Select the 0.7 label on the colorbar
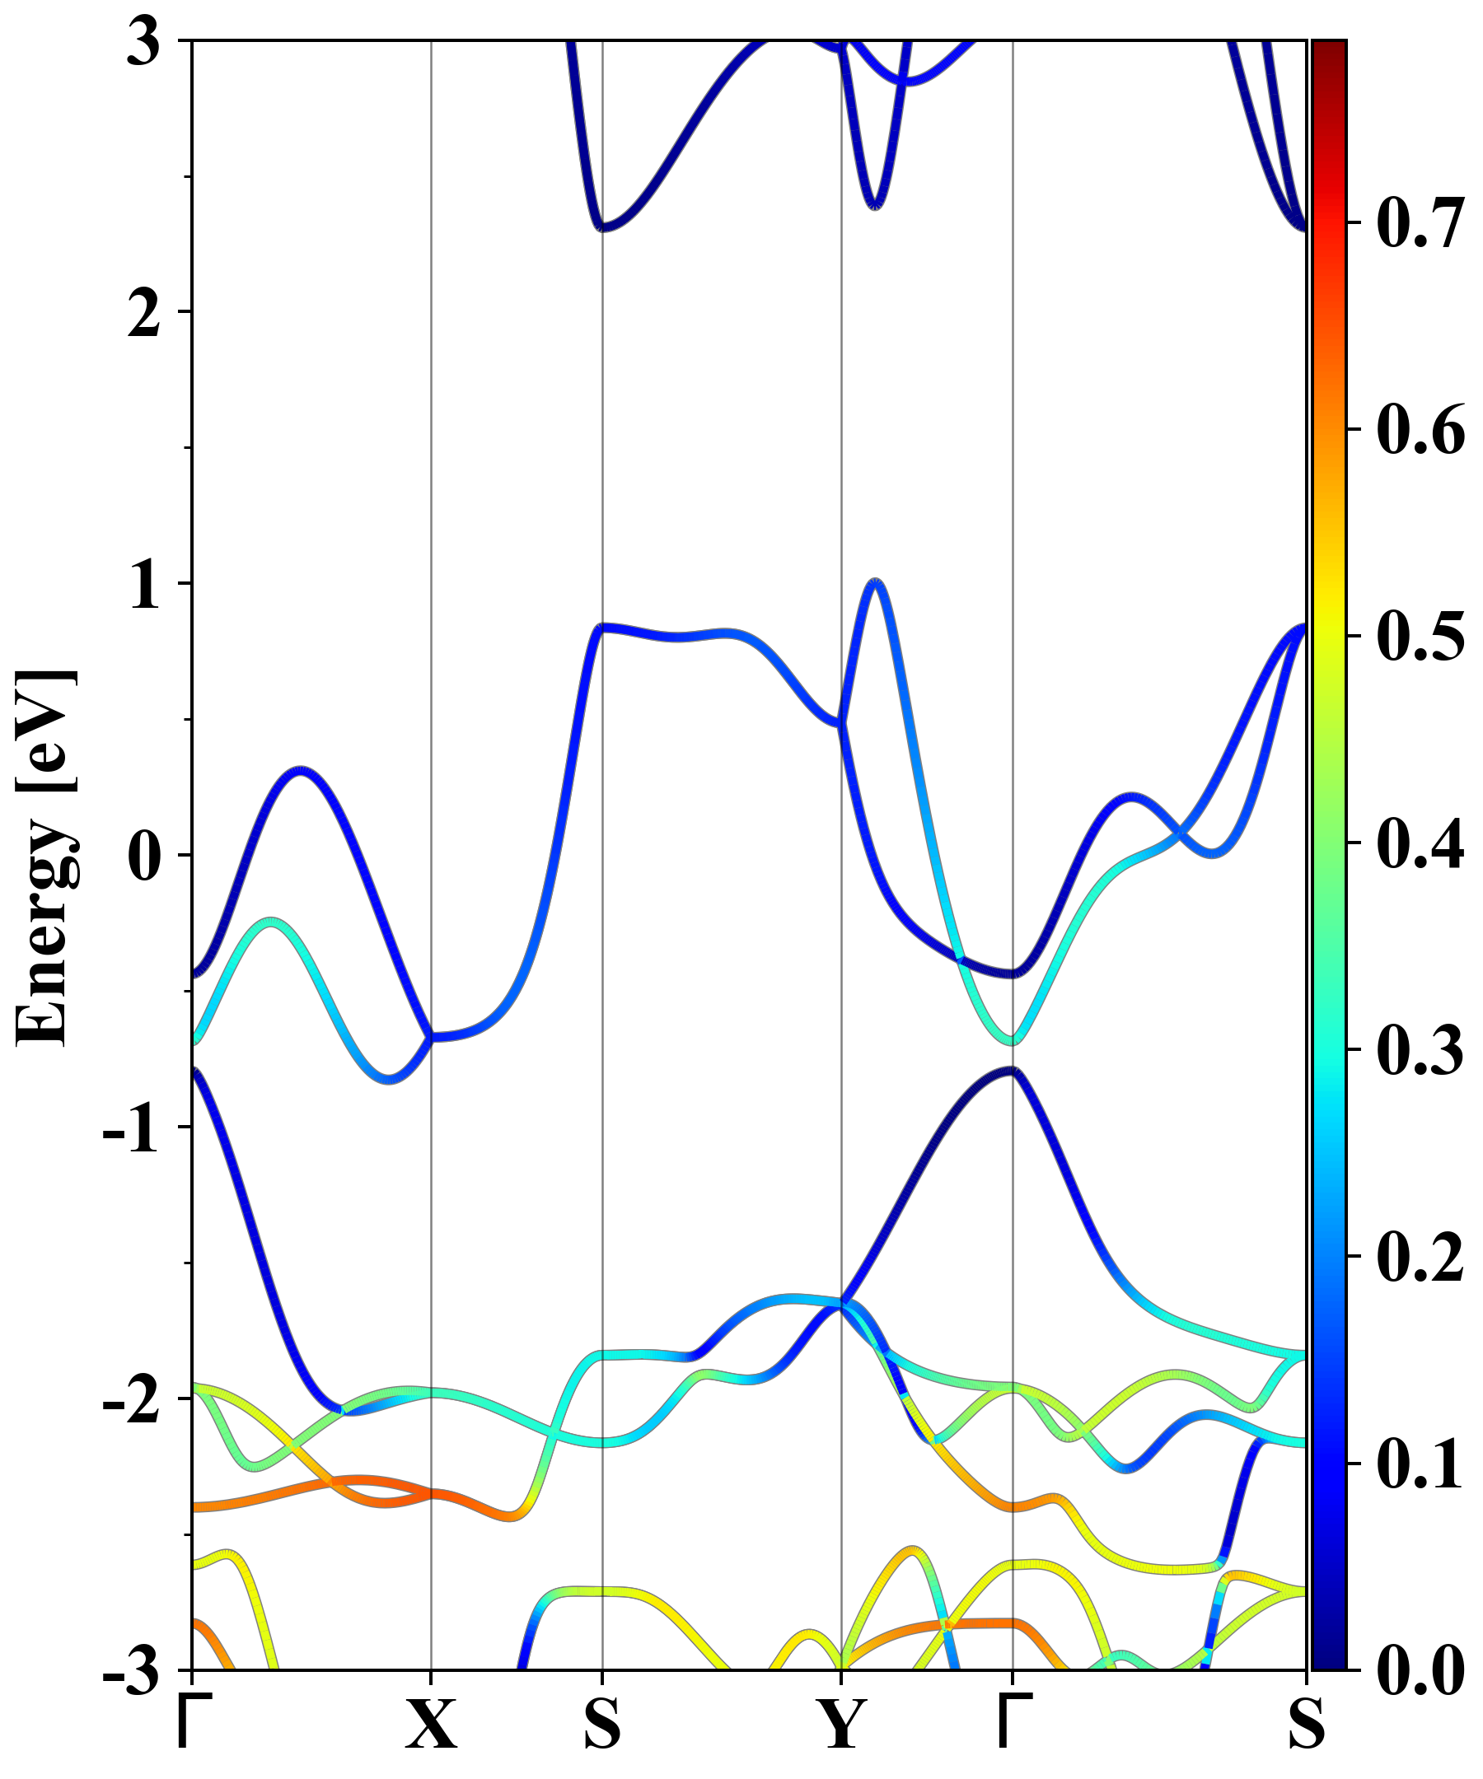point(1420,224)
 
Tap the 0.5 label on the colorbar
point(1420,636)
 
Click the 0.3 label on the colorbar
point(1420,1049)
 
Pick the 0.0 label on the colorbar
point(1420,1670)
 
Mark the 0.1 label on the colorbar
point(1420,1464)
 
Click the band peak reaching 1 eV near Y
point(876,582)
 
